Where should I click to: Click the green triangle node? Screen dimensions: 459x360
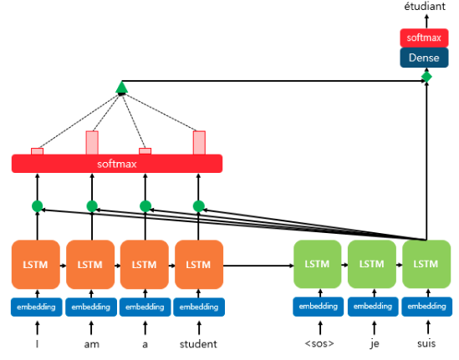click(x=121, y=88)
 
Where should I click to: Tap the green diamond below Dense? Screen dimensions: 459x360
click(x=426, y=77)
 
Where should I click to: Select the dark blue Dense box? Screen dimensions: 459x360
click(x=424, y=58)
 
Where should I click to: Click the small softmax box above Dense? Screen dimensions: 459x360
click(x=424, y=38)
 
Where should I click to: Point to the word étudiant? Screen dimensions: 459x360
click(x=425, y=6)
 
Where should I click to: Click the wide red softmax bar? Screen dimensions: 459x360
click(x=117, y=164)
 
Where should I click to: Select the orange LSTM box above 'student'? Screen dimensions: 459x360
click(x=199, y=265)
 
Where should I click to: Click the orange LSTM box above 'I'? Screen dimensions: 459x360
click(x=36, y=265)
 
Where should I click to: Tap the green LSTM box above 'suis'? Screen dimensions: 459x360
click(x=426, y=264)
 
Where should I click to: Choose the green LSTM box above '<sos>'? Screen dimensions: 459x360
click(x=318, y=264)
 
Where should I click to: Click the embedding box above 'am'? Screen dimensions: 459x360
click(x=91, y=307)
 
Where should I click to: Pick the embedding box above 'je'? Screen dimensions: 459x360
click(x=373, y=307)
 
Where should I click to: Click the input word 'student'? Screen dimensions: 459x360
click(x=198, y=344)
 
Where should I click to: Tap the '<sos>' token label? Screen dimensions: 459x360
click(x=319, y=343)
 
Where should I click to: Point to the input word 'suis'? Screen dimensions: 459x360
click(x=426, y=343)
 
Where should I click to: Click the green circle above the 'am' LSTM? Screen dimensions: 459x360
click(x=92, y=206)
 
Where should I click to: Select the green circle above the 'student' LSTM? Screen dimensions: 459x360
click(x=199, y=206)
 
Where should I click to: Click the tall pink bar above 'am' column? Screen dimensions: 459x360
click(x=92, y=143)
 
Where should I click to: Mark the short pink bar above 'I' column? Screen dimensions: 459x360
click(x=37, y=151)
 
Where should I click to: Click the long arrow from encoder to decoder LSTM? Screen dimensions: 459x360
click(x=258, y=266)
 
